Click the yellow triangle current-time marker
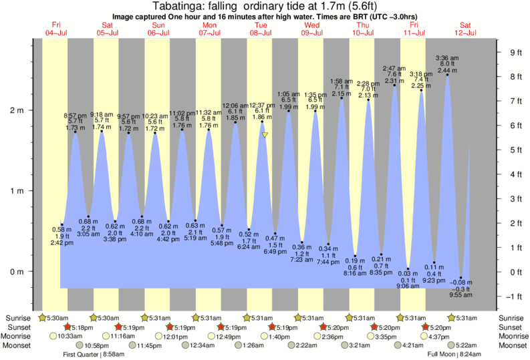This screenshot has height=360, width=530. click(265, 135)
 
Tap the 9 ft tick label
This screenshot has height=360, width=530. click(515, 53)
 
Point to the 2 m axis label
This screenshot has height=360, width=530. click(16, 110)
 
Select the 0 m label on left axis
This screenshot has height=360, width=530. click(16, 271)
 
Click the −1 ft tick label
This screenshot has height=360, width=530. click(514, 297)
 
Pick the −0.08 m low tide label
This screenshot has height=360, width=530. click(460, 283)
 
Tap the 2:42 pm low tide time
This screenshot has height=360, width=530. click(61, 242)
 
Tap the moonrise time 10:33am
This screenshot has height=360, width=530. click(70, 336)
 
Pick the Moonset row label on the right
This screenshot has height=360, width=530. click(512, 345)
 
